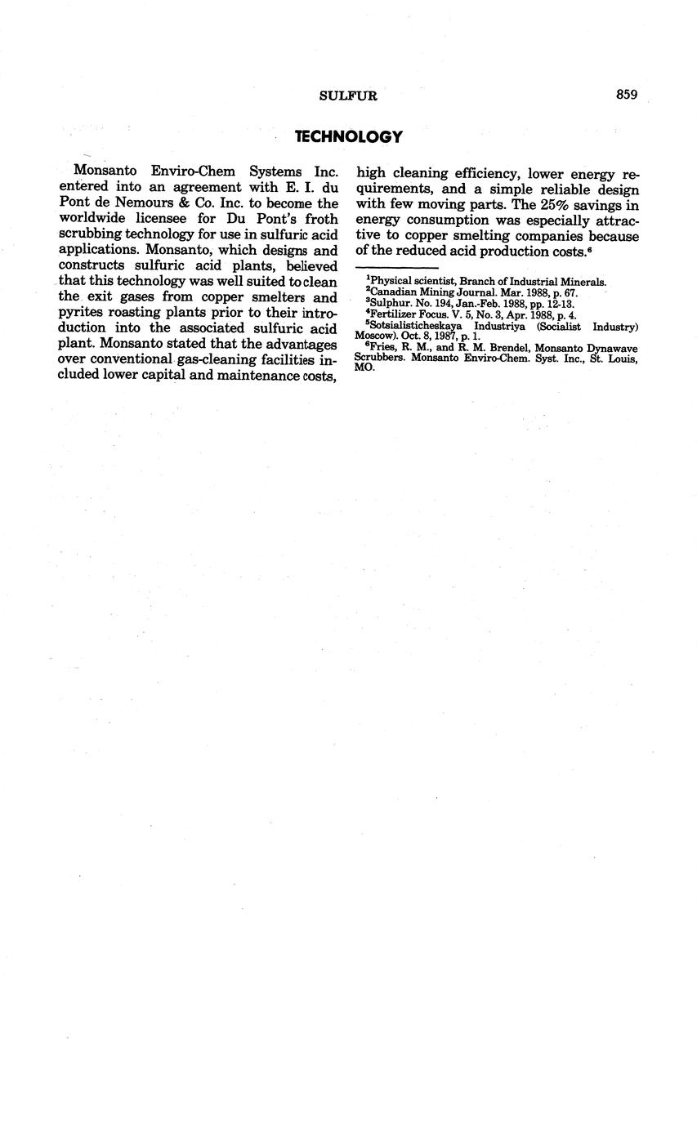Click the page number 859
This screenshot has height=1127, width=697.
click(x=626, y=95)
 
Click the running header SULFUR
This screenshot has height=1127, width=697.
click(x=348, y=96)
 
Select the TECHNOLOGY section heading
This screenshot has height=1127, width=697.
click(x=348, y=136)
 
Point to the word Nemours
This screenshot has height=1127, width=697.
click(x=139, y=203)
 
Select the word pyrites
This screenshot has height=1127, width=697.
click(x=81, y=312)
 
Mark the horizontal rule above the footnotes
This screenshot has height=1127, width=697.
click(x=398, y=267)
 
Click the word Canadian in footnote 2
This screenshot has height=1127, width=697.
click(x=396, y=292)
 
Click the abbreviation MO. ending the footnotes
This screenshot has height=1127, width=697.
click(x=364, y=368)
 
